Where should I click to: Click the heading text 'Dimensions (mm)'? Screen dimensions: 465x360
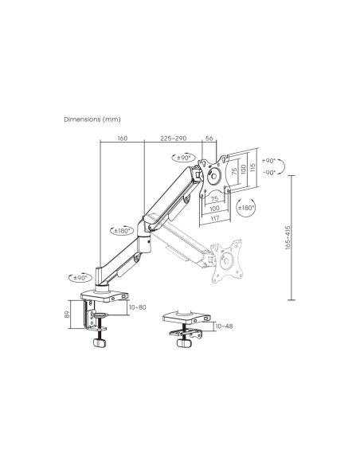(91, 119)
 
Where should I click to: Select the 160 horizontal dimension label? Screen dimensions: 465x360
(122, 138)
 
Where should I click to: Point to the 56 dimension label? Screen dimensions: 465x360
(209, 138)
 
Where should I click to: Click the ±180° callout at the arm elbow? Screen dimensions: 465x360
(122, 231)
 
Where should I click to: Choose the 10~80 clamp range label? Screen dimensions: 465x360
(138, 307)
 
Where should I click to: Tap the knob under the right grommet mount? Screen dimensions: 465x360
(182, 347)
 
